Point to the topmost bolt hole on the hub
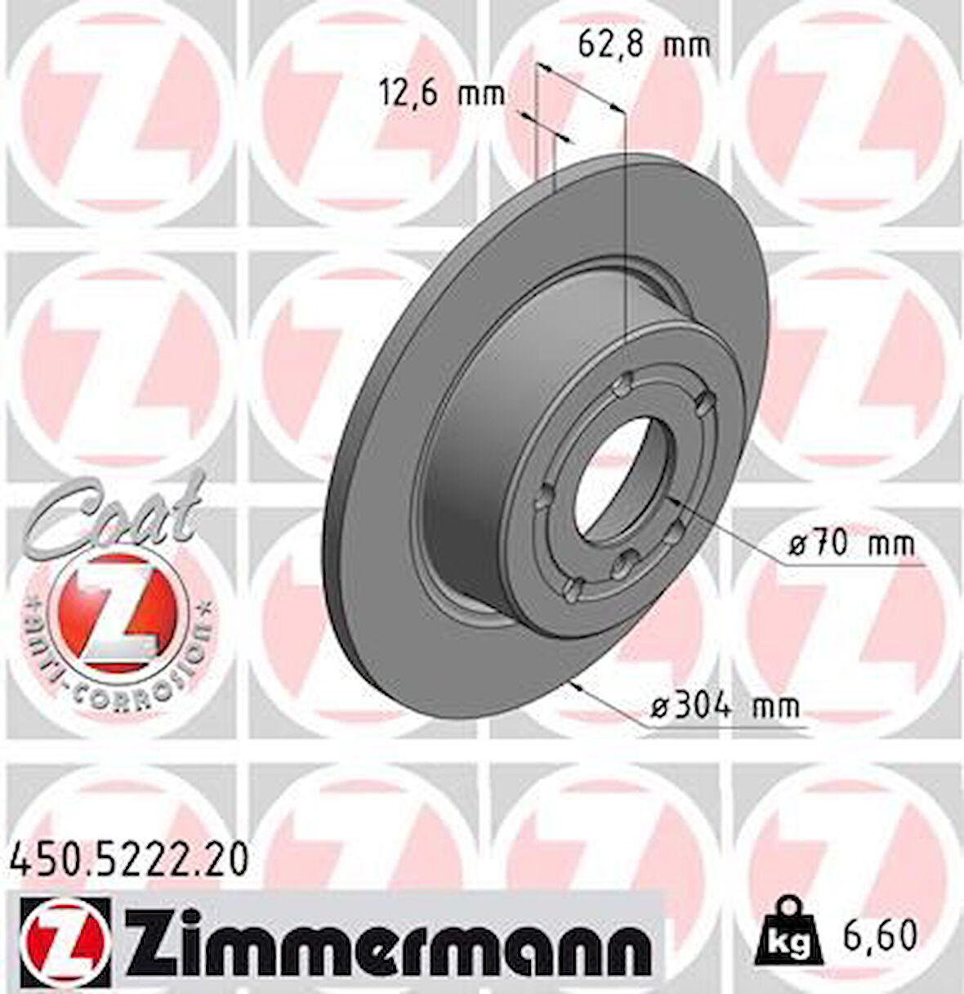click(627, 380)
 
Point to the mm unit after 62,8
click(686, 45)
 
